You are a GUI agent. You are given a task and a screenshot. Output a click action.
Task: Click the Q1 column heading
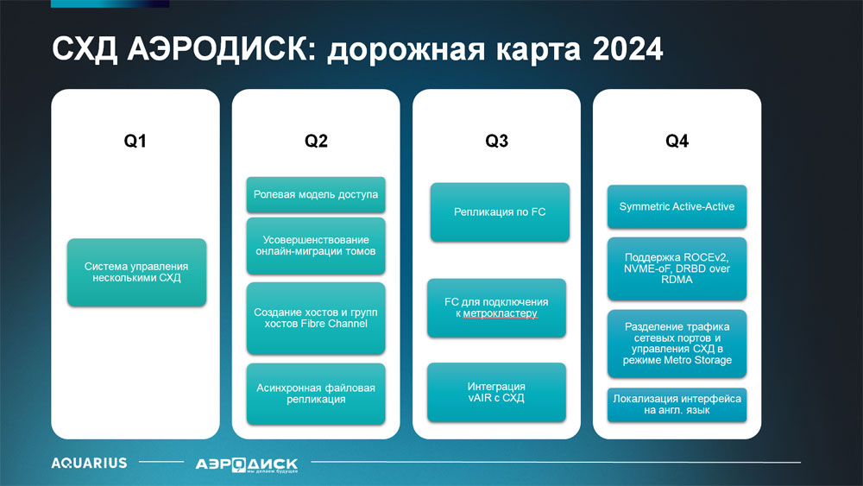(x=135, y=141)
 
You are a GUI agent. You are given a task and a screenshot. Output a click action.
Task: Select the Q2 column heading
(x=316, y=141)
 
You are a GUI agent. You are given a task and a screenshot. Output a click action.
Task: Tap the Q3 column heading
(x=496, y=141)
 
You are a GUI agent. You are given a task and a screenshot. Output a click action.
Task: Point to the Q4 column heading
(x=677, y=141)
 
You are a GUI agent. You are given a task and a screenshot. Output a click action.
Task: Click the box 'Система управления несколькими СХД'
(x=136, y=272)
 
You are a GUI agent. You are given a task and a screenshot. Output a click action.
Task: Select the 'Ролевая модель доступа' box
(x=316, y=194)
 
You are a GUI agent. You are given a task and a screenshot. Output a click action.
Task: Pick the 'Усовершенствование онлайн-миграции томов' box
(x=316, y=245)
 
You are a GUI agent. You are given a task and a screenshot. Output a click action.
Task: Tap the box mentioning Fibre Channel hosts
(x=316, y=318)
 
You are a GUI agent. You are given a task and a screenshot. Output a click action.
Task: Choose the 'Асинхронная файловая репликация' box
(x=316, y=394)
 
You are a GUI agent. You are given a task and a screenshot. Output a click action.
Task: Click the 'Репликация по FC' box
(x=500, y=211)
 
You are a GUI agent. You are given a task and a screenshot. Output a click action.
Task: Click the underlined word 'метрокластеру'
(x=500, y=313)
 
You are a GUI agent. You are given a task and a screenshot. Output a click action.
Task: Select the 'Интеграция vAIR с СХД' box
(x=496, y=392)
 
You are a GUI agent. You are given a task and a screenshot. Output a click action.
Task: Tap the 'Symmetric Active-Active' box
(x=677, y=206)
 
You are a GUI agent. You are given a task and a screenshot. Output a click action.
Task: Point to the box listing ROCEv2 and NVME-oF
(x=677, y=268)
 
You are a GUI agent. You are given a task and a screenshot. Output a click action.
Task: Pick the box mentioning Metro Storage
(x=677, y=344)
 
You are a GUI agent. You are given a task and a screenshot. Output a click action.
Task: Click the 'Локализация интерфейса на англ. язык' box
(x=677, y=405)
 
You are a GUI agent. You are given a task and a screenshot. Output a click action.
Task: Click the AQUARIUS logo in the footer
(x=89, y=463)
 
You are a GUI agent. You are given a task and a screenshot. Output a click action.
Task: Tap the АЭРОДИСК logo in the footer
(x=247, y=465)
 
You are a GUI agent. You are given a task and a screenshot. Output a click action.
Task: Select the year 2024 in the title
(x=627, y=49)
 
